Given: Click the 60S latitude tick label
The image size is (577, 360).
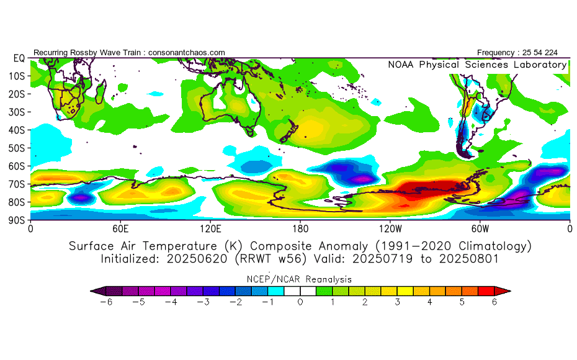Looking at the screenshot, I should coord(17,166).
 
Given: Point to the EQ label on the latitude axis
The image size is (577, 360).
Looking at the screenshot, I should coord(19,58).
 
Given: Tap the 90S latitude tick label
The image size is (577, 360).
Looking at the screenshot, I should coord(17,220).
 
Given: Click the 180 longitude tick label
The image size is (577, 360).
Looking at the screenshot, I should coord(300,228).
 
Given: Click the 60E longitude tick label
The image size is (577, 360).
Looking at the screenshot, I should coord(120,228).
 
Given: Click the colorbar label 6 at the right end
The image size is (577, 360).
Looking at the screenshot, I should coord(494,302).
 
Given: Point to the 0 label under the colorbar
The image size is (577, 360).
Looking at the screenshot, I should coord(300,302).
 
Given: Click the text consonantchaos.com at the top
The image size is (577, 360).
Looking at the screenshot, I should coord(187,53).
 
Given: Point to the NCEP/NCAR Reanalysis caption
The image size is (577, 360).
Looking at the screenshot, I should coord(300,279).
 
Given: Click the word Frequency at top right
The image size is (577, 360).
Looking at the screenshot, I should coord(498,53).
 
